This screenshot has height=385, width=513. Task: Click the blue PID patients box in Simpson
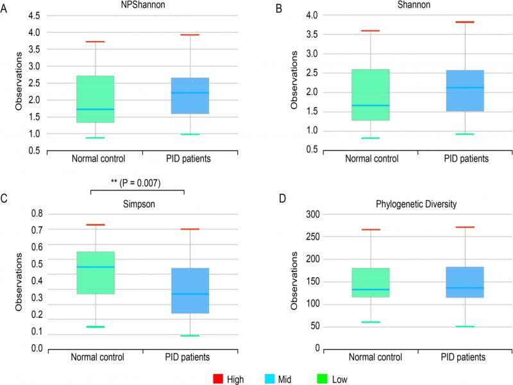(190, 291)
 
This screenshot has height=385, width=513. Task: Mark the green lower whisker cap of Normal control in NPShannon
(95, 137)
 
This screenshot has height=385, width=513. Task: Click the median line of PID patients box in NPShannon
(190, 93)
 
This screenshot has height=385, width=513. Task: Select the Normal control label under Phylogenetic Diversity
(371, 356)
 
